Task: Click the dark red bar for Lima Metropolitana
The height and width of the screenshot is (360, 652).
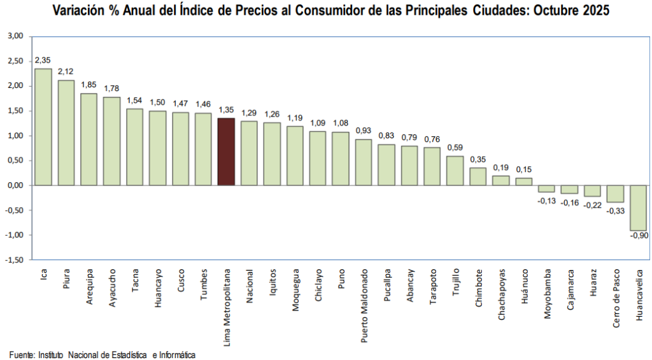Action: coord(226,152)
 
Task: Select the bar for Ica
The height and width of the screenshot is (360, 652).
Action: coord(43,127)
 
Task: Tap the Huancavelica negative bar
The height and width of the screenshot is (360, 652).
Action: coord(639,208)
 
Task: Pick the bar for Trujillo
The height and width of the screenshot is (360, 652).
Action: coord(455,171)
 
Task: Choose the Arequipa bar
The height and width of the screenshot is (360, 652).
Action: coord(89,140)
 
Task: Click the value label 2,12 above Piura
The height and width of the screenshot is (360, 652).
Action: coord(66,72)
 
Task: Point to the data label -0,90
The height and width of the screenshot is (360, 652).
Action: coord(639,236)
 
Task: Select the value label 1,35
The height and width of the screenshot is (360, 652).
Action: coord(226,110)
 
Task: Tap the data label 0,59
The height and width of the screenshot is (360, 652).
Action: coord(455,148)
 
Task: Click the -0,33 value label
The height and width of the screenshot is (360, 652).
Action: coord(615,210)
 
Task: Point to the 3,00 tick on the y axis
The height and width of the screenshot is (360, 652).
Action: coord(15,36)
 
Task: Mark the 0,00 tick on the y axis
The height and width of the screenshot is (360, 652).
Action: coord(15,185)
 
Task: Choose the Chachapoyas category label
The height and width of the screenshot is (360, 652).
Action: coord(502,294)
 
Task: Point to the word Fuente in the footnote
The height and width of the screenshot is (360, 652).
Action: coord(21,354)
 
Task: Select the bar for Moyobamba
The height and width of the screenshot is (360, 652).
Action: coord(546,189)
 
